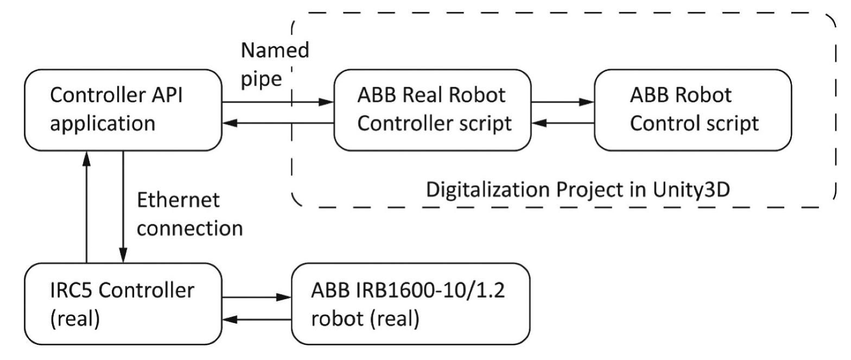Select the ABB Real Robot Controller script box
click(433, 110)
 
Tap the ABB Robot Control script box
click(694, 110)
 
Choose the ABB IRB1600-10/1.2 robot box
click(411, 304)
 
